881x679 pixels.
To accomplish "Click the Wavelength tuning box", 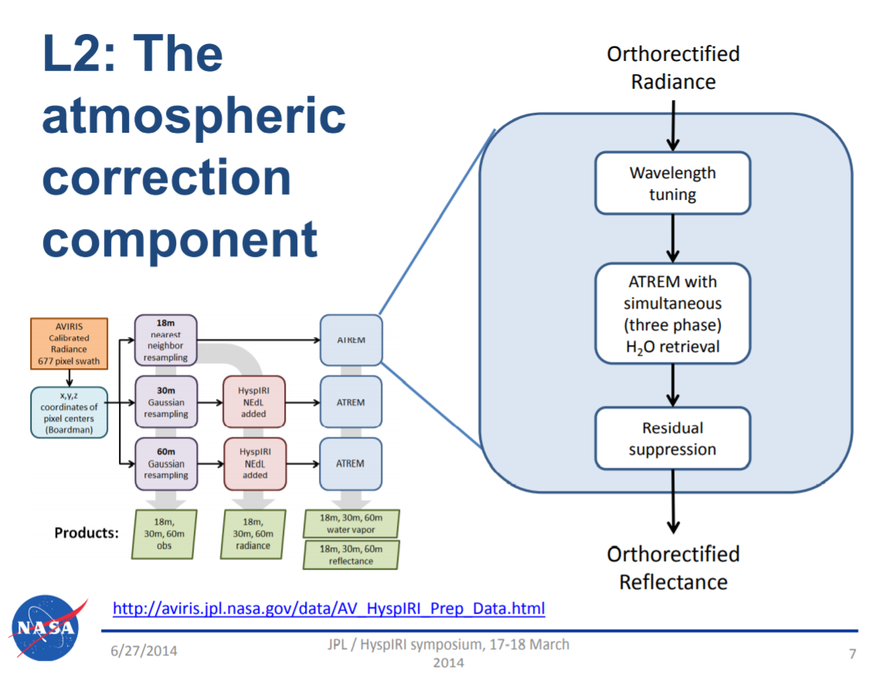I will pos(672,183).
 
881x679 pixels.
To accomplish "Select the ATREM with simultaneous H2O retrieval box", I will pos(672,314).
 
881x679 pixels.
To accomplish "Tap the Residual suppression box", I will pos(672,438).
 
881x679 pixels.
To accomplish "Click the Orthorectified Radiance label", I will pos(673,68).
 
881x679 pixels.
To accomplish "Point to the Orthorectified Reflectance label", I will pos(673,567).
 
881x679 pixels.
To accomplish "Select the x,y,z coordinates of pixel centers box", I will pos(68,413).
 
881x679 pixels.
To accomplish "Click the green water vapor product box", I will pos(351,523).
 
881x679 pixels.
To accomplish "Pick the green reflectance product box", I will pos(351,555).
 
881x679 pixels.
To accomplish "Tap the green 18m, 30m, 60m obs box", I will pos(164,534).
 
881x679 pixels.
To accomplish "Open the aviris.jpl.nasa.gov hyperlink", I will pos(329,609).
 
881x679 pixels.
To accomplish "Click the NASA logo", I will pos(45,627).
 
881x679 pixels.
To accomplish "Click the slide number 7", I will pos(852,654).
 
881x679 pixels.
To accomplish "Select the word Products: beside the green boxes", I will pos(86,532).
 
